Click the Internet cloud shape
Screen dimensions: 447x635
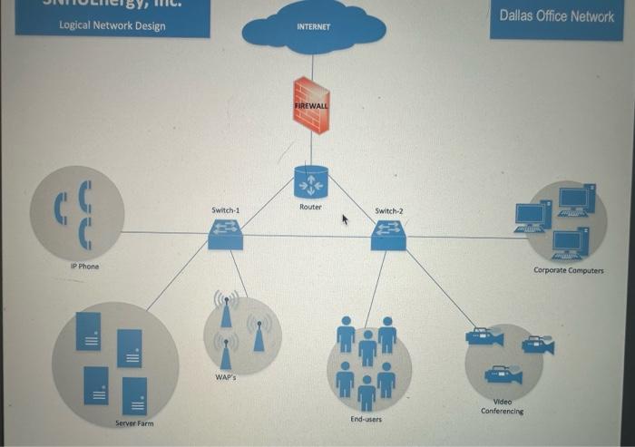click(313, 28)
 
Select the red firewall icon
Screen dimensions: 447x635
click(311, 105)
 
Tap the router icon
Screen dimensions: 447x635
click(310, 182)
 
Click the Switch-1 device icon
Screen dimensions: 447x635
click(225, 235)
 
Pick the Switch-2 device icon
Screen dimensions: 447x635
click(388, 236)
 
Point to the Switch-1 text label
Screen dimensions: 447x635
click(225, 210)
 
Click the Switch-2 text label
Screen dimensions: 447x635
click(388, 211)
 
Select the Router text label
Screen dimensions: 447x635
click(310, 208)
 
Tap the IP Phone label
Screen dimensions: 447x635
click(84, 267)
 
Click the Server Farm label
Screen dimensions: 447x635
click(134, 423)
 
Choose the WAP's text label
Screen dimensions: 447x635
click(226, 376)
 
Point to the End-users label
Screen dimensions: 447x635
click(366, 419)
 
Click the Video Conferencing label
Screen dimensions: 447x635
click(502, 406)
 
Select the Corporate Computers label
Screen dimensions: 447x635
click(568, 270)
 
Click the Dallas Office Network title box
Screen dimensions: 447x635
click(556, 17)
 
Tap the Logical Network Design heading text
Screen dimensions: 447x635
click(112, 25)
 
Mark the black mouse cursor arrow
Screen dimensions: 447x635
click(345, 219)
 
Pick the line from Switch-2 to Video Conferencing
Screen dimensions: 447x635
click(440, 288)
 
